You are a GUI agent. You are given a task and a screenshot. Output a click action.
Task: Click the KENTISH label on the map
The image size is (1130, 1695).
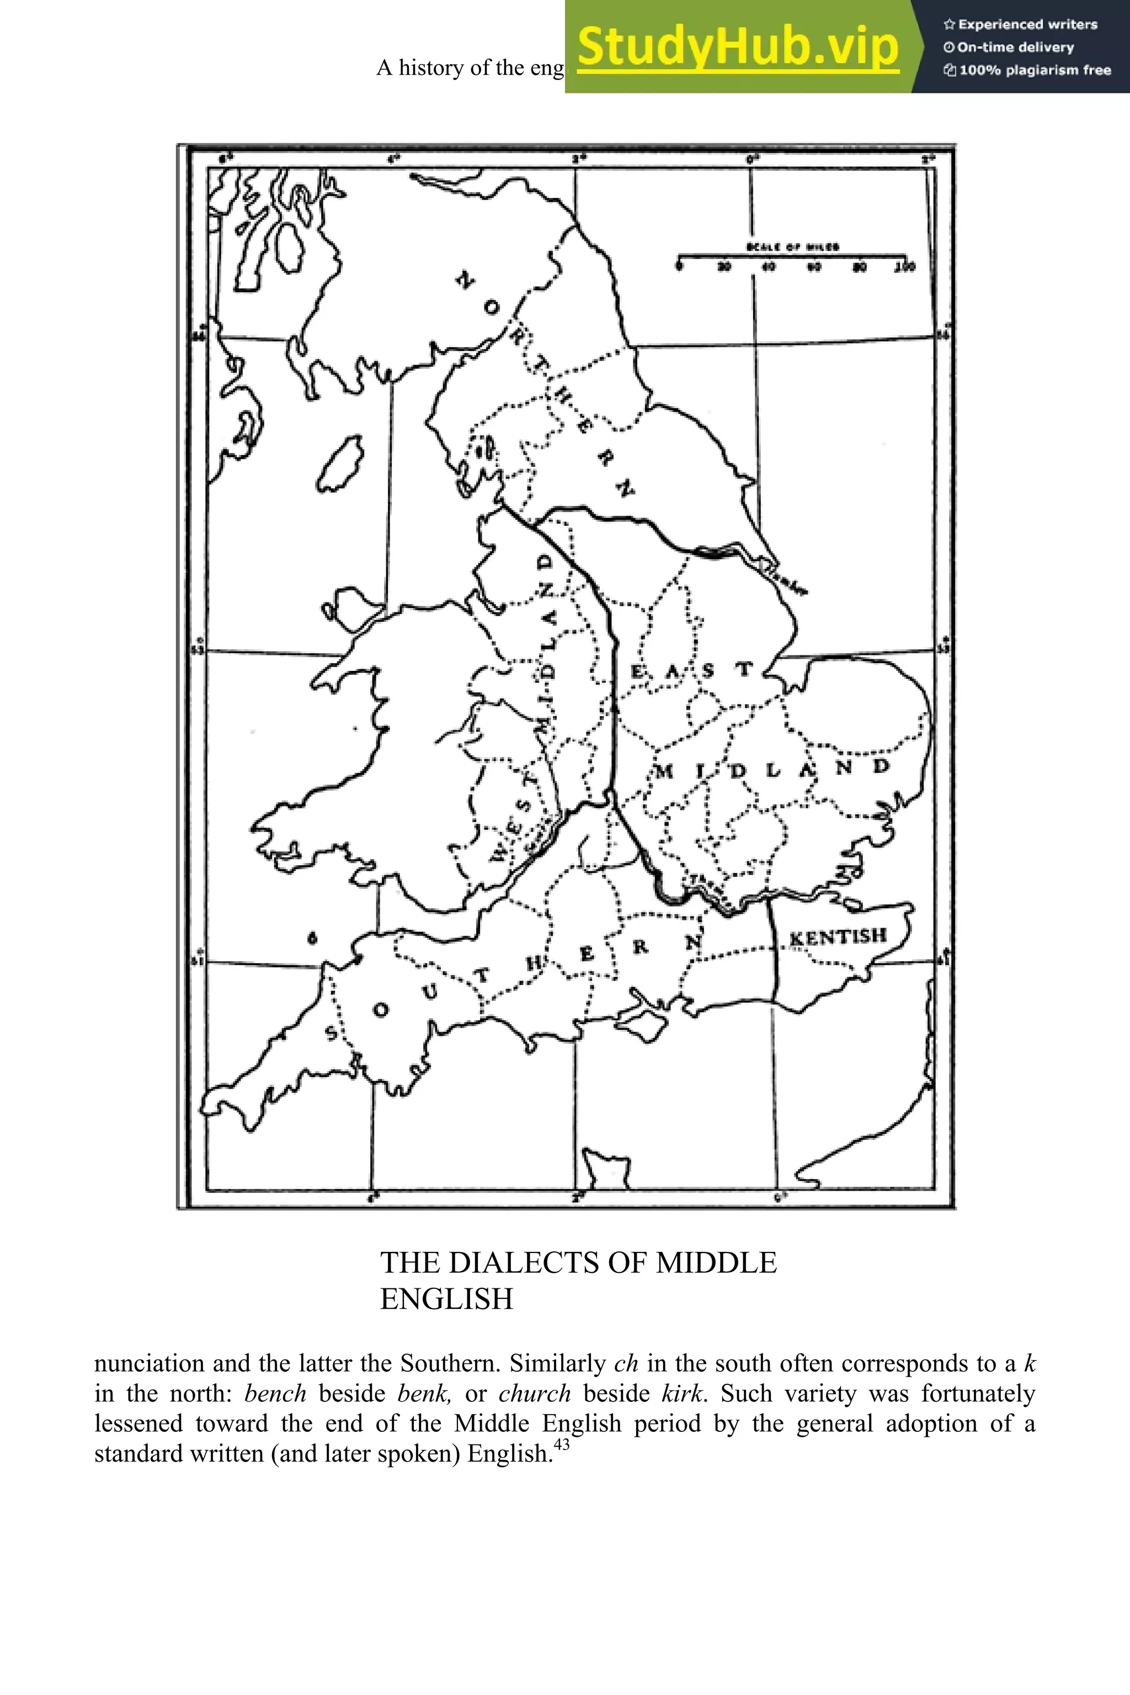(838, 937)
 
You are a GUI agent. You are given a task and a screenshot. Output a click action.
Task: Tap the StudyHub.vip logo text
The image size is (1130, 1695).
(737, 46)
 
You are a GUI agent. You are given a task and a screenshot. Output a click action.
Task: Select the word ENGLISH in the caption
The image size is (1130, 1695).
(447, 1299)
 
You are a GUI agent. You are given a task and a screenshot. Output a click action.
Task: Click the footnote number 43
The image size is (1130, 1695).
(561, 1445)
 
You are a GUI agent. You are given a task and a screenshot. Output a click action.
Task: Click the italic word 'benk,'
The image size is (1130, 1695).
(424, 1394)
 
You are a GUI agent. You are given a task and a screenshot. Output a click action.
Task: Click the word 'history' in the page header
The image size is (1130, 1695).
(431, 68)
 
